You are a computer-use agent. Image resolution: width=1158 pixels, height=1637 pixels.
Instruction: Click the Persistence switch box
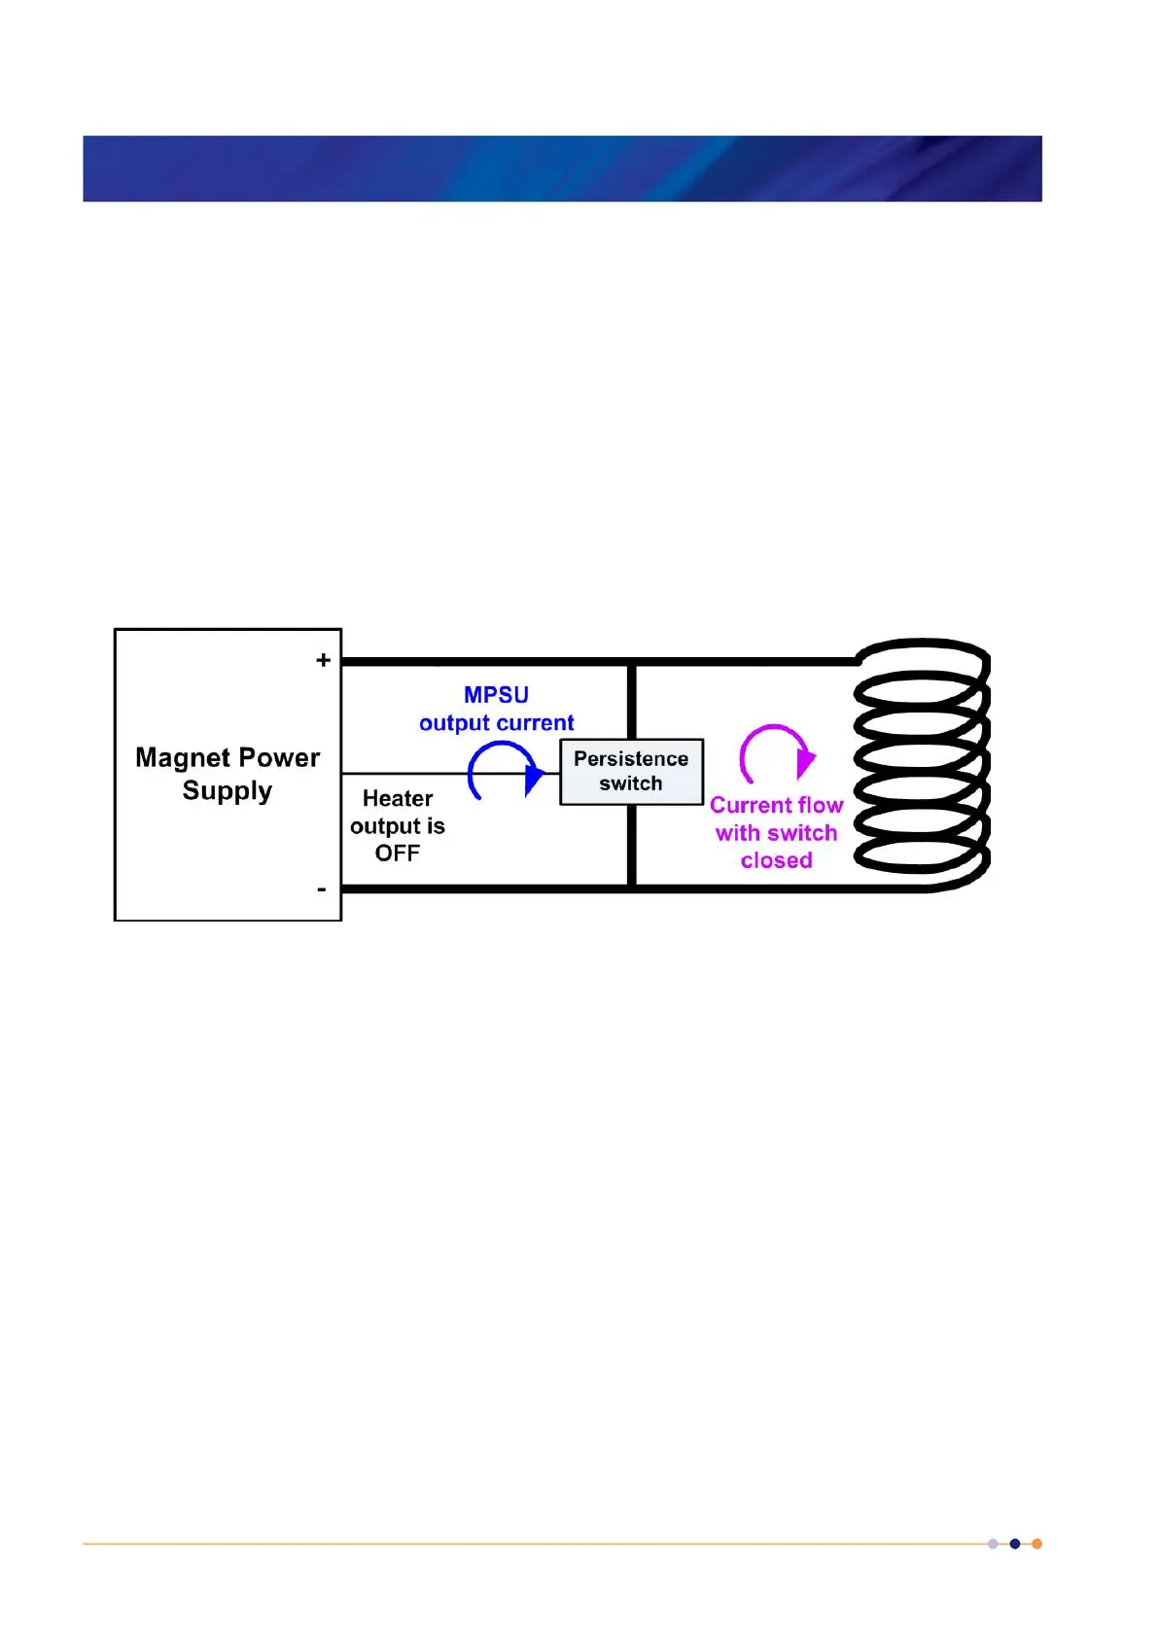coord(631,772)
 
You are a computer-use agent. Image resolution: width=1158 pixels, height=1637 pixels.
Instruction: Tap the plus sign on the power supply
coord(323,660)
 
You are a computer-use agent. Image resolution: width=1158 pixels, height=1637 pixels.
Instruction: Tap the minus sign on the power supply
coord(322,889)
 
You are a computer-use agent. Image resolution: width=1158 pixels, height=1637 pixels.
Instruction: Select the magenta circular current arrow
coord(776,753)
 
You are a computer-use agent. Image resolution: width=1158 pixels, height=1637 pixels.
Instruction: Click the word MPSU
coord(496,695)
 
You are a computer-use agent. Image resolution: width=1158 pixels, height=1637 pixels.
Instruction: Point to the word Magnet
coord(184,758)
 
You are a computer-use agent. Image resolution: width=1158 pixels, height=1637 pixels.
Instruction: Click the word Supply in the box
coord(228,791)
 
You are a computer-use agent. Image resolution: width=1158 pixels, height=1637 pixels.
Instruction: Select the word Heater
coord(398,798)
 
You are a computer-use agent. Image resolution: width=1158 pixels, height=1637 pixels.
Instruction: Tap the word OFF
coord(398,853)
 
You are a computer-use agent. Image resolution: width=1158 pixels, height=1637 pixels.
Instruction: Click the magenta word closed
coord(776,860)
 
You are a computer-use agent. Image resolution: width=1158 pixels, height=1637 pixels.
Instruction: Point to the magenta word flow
coord(820,805)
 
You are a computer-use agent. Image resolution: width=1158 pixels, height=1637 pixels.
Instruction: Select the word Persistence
coord(631,758)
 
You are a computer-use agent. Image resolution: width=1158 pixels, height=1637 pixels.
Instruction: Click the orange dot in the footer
coord(1036,1544)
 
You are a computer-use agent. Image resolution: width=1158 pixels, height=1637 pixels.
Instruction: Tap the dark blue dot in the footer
coord(1015,1544)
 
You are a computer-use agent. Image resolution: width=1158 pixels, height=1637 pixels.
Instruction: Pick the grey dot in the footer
coord(993,1544)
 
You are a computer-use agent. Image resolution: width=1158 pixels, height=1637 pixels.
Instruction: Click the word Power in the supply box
coord(279,758)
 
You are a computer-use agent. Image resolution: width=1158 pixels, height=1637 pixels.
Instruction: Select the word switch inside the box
coord(630,784)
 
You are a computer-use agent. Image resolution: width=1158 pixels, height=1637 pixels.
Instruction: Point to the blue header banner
coord(562,168)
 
